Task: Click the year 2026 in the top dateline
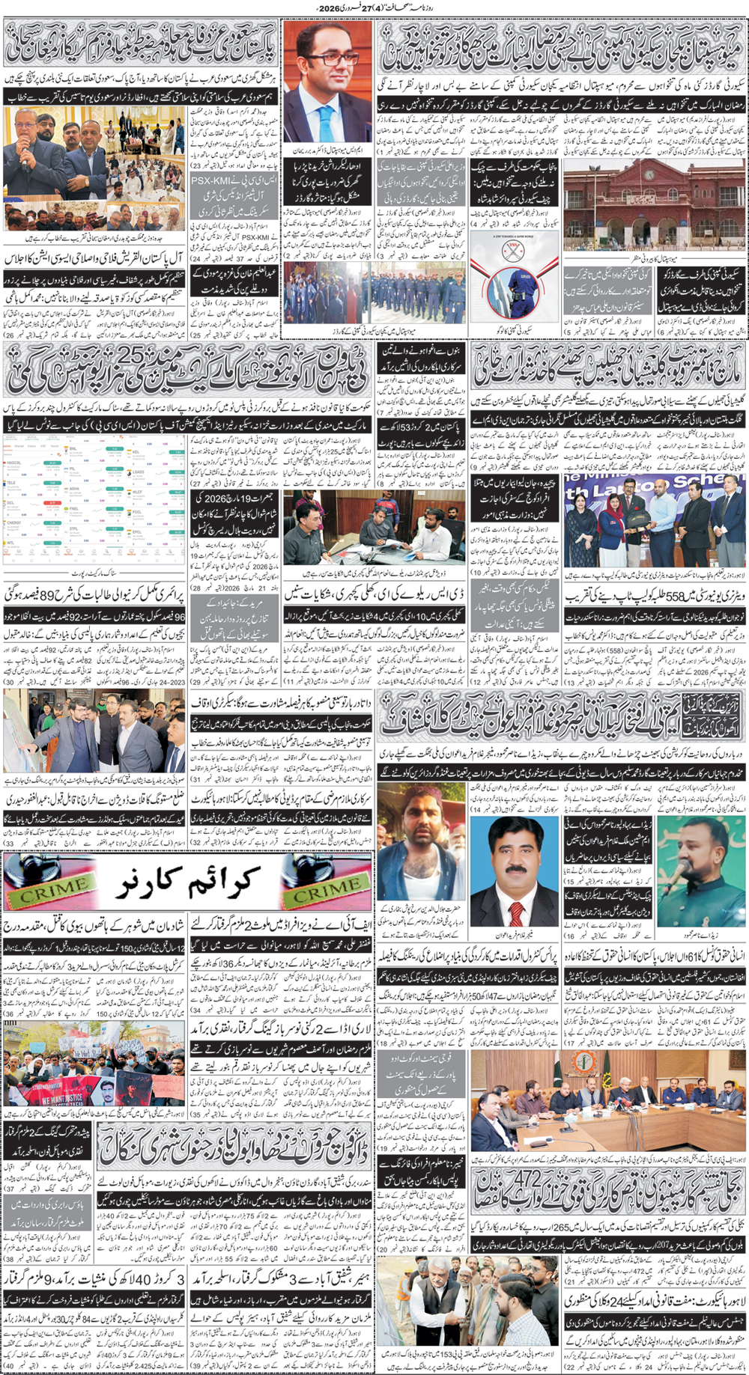coord(328,7)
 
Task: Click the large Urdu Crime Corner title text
coord(187,880)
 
